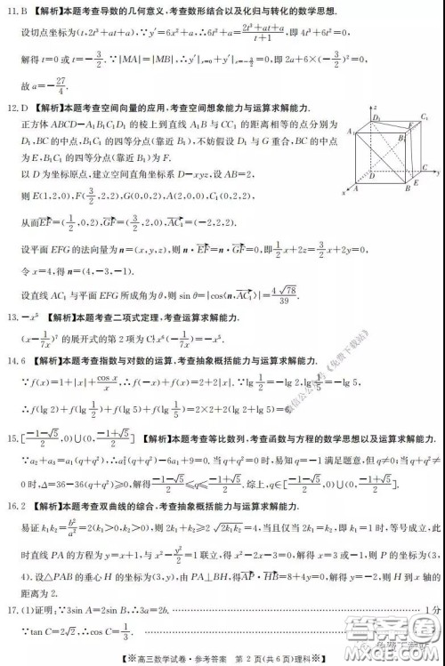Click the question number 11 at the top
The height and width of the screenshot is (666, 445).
coord(12,12)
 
